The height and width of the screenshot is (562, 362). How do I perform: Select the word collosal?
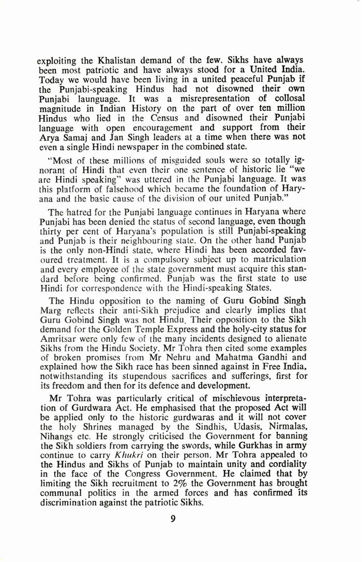pos(283,98)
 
